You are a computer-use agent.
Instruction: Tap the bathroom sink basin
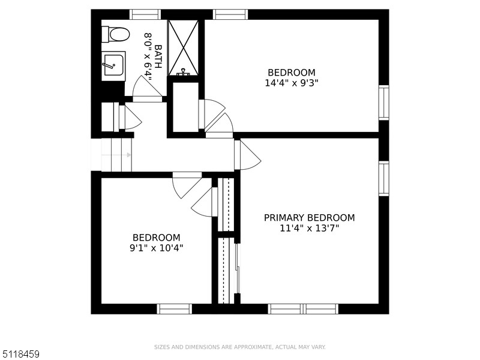point(113,65)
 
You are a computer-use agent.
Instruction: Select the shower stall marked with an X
point(184,48)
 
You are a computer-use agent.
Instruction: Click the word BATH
point(158,56)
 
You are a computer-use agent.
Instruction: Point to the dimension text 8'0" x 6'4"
point(148,56)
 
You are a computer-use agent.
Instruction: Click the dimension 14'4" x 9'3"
point(292,83)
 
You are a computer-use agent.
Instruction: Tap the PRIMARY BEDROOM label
point(310,218)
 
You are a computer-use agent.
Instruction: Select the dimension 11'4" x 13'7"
point(310,229)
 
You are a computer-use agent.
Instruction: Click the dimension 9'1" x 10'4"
point(156,248)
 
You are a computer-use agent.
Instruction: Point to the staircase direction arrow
point(116,155)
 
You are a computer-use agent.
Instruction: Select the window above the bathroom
point(145,14)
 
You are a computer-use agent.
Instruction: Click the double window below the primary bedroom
point(304,309)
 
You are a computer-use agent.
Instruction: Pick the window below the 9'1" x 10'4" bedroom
point(175,309)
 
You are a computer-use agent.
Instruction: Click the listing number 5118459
point(20,354)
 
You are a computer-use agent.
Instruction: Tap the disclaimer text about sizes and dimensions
point(239,347)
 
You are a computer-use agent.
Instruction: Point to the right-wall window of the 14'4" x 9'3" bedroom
point(384,103)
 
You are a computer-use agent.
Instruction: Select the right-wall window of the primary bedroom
point(384,178)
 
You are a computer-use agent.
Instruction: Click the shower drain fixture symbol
point(183,72)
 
